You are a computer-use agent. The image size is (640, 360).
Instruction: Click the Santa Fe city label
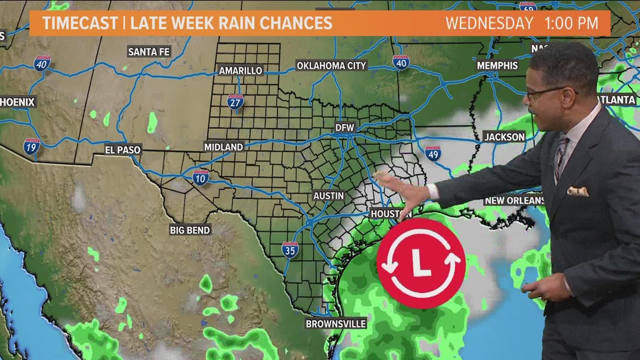coord(149,52)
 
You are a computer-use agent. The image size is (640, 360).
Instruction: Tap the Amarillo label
coord(240,70)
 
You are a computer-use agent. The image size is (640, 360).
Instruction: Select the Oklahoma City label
coord(331,66)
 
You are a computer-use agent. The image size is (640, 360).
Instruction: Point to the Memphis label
coord(497,65)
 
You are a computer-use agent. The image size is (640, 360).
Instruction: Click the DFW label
coord(345,127)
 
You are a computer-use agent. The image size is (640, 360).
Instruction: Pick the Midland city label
coord(223,147)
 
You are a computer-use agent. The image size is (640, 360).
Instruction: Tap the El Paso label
coord(123,150)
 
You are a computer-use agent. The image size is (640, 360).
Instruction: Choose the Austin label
coord(328,195)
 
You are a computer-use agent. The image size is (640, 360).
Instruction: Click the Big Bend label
coord(190,230)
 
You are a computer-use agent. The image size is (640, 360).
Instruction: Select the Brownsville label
coord(336,323)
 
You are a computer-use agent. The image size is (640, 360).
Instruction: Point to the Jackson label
coord(504,136)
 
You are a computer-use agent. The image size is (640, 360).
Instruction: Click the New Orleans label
coord(514,200)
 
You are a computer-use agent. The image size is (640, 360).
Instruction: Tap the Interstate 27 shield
coord(236,102)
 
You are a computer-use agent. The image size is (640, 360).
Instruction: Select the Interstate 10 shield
coord(200,177)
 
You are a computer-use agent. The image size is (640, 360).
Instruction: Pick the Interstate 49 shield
coord(432,153)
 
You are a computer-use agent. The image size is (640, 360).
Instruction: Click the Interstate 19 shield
coord(32,147)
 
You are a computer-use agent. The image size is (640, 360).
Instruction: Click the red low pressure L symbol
coord(420,263)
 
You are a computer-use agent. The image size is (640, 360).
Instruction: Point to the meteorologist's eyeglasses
coord(548,91)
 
